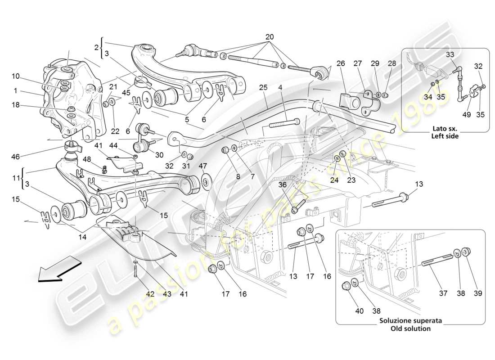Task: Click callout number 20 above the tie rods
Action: (269, 36)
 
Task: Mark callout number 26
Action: (341, 63)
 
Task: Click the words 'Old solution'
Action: (410, 328)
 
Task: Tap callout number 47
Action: (203, 166)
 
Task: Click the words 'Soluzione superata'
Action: (410, 321)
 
